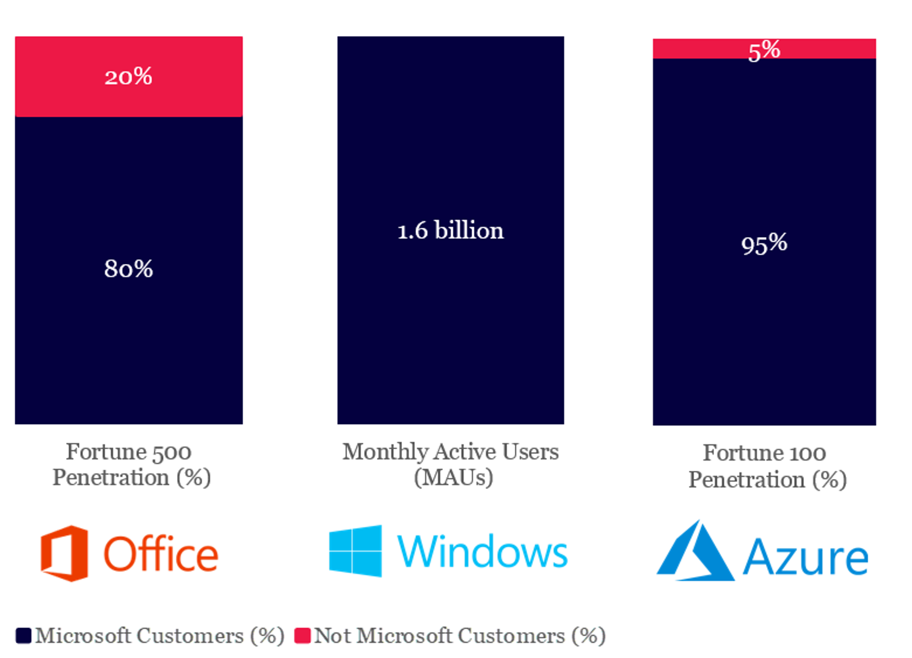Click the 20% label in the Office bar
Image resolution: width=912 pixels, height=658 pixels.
pos(128,77)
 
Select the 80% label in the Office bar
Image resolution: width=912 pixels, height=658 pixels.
pos(128,269)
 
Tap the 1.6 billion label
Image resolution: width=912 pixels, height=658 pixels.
pos(450,231)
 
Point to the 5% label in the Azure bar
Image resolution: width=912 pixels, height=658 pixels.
pos(764,50)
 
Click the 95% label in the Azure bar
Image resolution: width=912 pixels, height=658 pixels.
pos(764,244)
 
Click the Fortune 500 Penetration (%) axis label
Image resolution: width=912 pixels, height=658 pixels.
pos(131,464)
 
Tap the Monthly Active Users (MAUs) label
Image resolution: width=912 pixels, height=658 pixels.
pos(451,464)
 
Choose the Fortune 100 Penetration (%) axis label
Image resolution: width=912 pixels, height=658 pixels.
pos(767,466)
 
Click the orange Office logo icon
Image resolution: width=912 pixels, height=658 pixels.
pos(64,553)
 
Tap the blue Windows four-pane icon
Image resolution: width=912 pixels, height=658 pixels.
pos(356,551)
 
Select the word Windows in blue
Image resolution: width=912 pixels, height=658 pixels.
pos(482,552)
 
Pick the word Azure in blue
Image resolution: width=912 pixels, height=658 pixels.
pos(805,557)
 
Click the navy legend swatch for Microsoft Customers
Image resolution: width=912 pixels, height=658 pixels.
pos(23,636)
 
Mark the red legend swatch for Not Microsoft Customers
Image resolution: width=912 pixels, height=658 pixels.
pos(302,636)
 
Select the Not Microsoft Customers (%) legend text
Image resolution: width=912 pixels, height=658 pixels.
pos(459,636)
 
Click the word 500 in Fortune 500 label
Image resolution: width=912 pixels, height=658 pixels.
pos(172,452)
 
